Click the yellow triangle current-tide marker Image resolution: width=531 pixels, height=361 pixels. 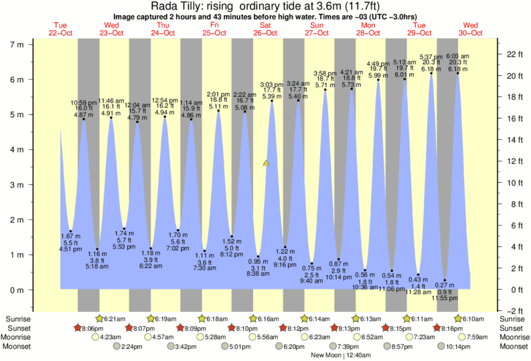tap(267, 163)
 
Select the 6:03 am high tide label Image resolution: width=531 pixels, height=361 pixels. tap(457, 56)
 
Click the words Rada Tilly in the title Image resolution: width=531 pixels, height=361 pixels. tap(171, 5)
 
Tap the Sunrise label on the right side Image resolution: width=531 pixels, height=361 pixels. tap(512, 319)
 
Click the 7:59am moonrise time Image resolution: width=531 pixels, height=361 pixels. tap(475, 338)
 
